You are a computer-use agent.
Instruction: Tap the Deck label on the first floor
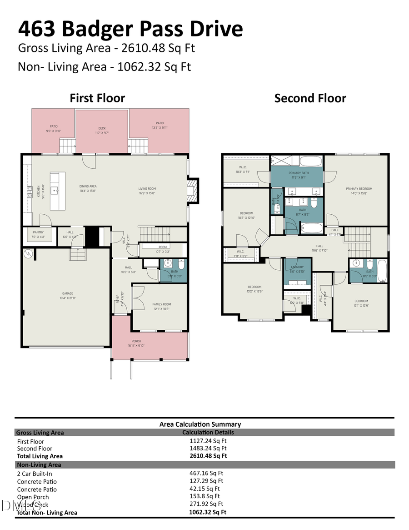[102, 128]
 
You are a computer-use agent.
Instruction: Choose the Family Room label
[161, 304]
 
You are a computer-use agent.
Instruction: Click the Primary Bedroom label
[359, 189]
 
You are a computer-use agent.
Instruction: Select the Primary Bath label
[298, 173]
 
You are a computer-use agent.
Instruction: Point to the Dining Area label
[87, 186]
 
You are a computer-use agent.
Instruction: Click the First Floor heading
[97, 98]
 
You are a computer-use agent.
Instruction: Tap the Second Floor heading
[310, 98]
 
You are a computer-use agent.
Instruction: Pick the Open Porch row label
[33, 497]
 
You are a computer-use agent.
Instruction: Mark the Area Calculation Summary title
[200, 424]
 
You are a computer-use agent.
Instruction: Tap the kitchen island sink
[55, 190]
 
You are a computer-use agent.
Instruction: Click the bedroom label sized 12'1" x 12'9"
[361, 301]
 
